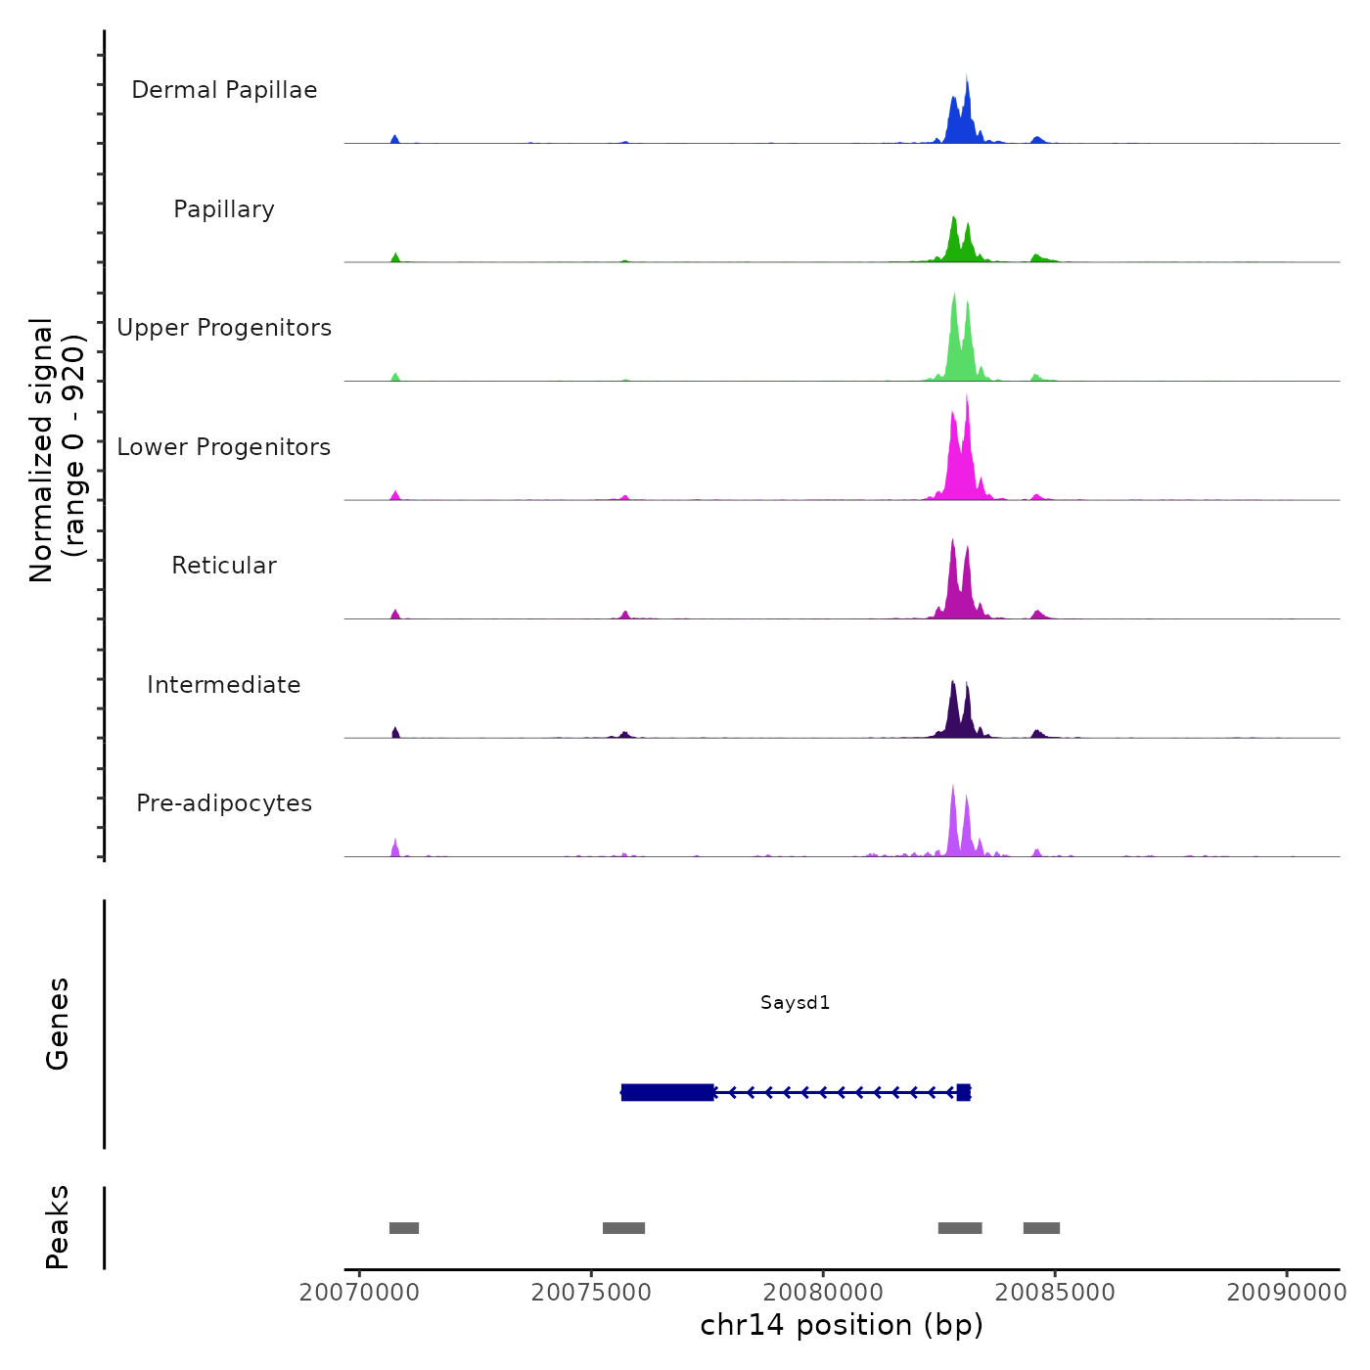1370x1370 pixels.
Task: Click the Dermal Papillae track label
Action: tap(224, 90)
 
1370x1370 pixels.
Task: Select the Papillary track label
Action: tap(224, 209)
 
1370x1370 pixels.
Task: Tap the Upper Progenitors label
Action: tap(224, 328)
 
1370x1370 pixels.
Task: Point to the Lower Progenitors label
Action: tap(224, 447)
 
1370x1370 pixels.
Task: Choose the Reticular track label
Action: tap(224, 566)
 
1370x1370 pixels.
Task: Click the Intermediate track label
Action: tap(224, 685)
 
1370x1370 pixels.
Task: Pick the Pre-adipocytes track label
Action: tap(224, 803)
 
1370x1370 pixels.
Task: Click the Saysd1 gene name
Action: tap(795, 1002)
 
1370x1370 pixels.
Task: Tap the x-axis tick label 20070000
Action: tap(359, 1292)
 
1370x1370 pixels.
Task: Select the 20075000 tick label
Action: tap(591, 1292)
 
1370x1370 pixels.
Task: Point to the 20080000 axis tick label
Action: tap(823, 1292)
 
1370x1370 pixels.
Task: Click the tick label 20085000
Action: tap(1055, 1292)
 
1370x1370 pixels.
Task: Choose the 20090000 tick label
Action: tap(1286, 1292)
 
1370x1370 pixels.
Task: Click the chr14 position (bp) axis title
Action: tap(842, 1325)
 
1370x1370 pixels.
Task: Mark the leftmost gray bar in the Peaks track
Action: tap(404, 1228)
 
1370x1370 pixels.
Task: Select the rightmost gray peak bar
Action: tap(1041, 1228)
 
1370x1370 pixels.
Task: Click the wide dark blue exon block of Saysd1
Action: tap(667, 1092)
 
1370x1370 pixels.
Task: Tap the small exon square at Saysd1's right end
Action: tap(964, 1092)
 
